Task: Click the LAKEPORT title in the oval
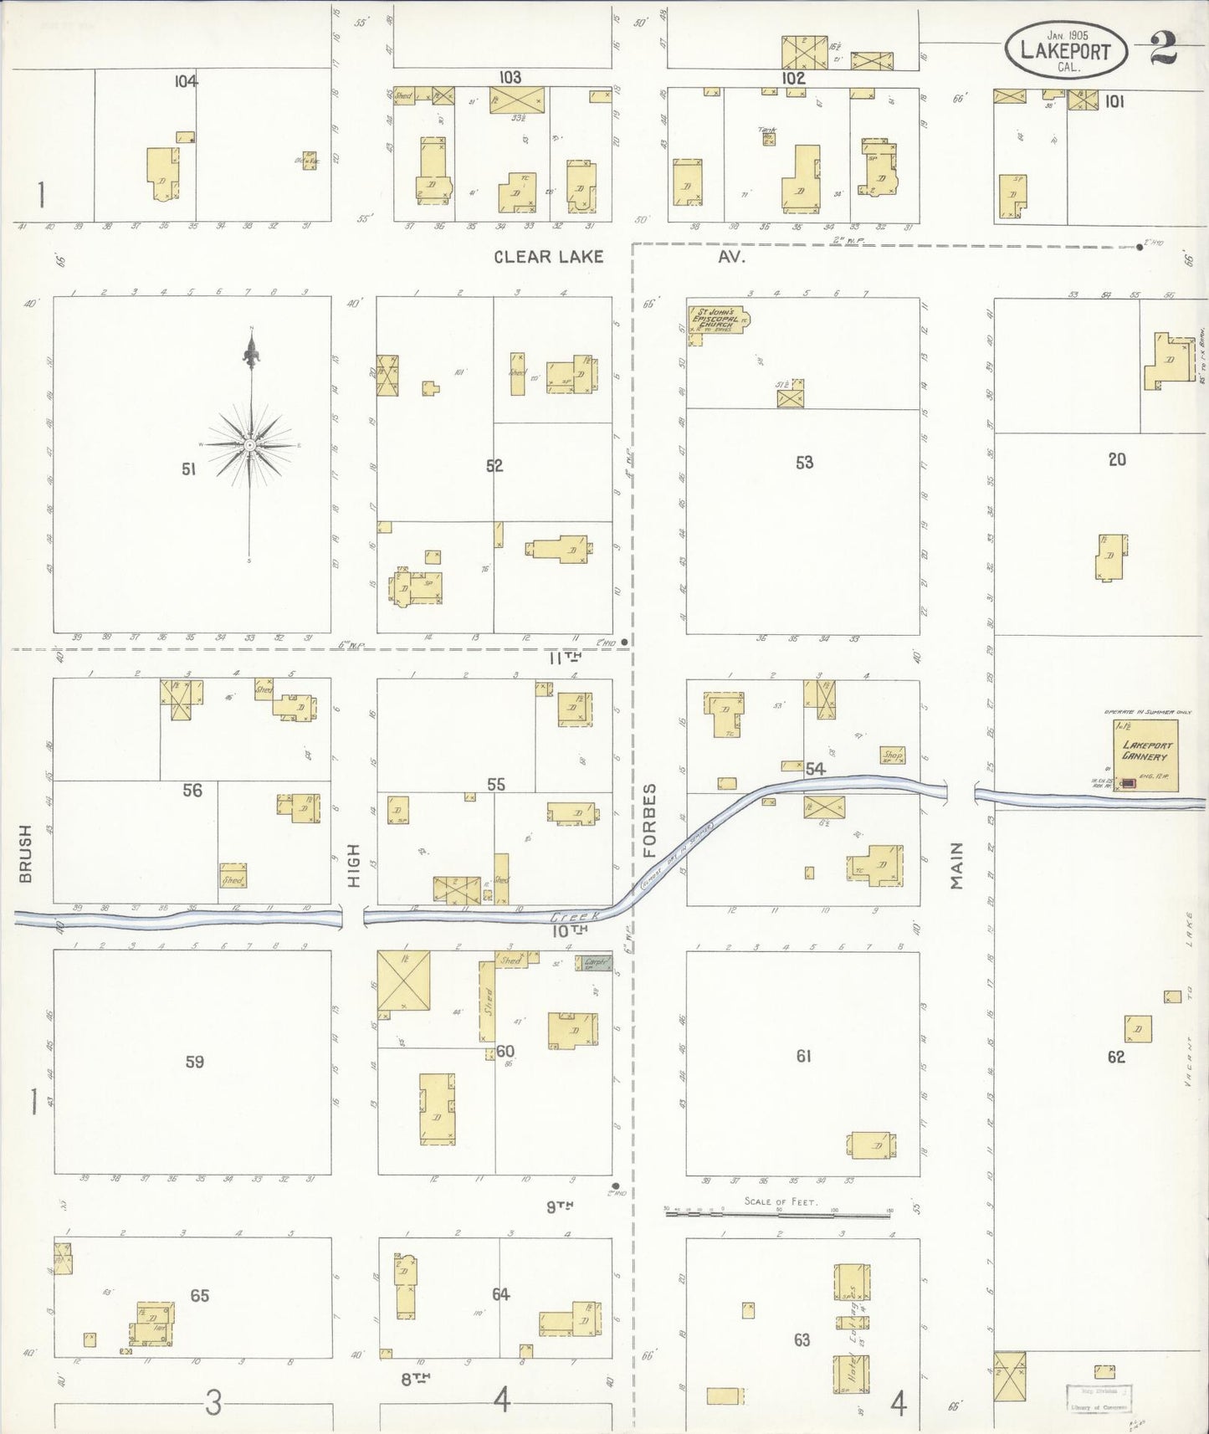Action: click(1065, 51)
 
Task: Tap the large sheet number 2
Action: click(1163, 49)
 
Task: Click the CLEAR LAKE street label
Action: click(548, 257)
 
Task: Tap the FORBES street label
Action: click(650, 820)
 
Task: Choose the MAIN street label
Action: click(956, 865)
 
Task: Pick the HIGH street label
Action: click(353, 865)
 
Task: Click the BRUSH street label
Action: click(25, 853)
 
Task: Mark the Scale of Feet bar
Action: click(778, 1211)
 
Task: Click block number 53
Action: click(804, 463)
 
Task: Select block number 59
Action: click(194, 1062)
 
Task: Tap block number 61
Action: click(803, 1056)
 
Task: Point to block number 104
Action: click(186, 81)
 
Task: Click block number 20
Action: click(1117, 459)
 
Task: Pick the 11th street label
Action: click(565, 658)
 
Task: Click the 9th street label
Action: click(560, 1206)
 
